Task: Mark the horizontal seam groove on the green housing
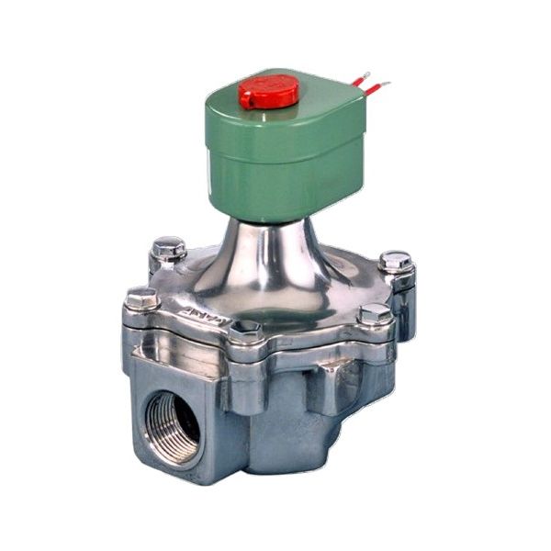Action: pyautogui.click(x=275, y=147)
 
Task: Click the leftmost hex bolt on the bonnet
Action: pyautogui.click(x=142, y=298)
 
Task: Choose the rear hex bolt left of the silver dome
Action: pyautogui.click(x=169, y=247)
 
